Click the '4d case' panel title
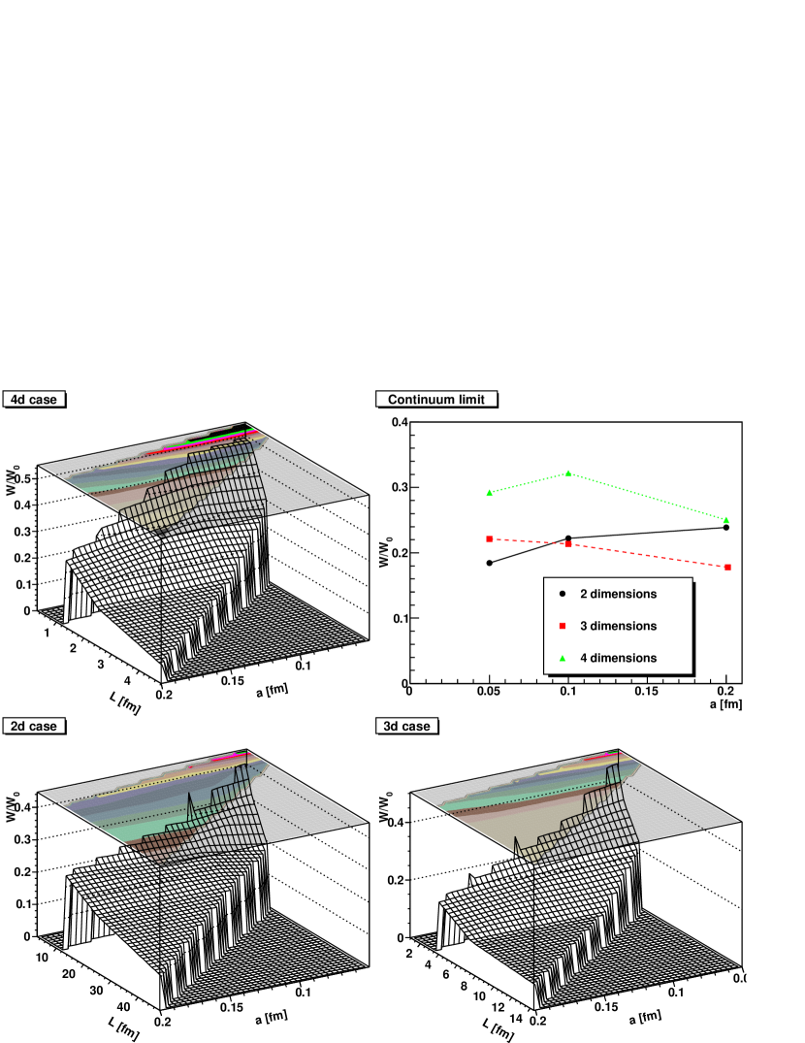(34, 399)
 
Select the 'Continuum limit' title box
(436, 399)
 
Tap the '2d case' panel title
(34, 726)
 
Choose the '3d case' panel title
(406, 726)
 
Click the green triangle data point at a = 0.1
(568, 473)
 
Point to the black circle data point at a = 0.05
(490, 563)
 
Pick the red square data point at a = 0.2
(727, 568)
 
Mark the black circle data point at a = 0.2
(725, 528)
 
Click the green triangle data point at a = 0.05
(490, 493)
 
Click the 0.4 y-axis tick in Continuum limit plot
(400, 422)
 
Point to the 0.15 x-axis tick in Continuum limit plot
(646, 691)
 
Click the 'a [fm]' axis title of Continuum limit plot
(725, 703)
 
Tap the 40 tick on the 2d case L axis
(123, 1006)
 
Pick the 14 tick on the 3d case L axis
(516, 1018)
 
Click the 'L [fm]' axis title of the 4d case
(125, 702)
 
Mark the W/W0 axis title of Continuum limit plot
(385, 552)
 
